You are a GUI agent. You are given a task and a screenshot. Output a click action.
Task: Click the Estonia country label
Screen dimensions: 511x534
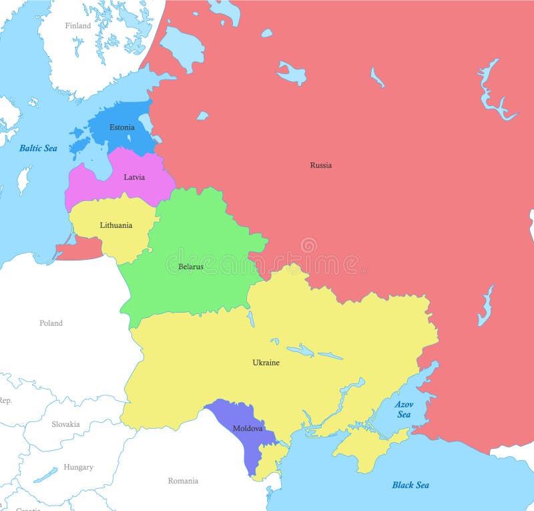pyautogui.click(x=122, y=127)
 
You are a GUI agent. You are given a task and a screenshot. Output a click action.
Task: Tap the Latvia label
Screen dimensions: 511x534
pyautogui.click(x=134, y=177)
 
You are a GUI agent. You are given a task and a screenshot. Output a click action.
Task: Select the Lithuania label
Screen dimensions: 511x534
pyautogui.click(x=115, y=225)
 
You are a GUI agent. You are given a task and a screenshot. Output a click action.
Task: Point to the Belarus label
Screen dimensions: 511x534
pyautogui.click(x=190, y=267)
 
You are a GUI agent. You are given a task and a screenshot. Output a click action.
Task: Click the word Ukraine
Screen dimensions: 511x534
pyautogui.click(x=266, y=363)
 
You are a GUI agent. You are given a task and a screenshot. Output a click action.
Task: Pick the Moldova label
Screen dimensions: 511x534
pyautogui.click(x=247, y=428)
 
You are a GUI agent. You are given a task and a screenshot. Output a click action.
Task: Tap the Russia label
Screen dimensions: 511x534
pyautogui.click(x=320, y=165)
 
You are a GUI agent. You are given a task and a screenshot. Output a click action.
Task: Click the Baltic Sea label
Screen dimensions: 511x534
pyautogui.click(x=38, y=148)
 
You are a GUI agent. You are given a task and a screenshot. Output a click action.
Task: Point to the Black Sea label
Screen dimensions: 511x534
pyautogui.click(x=411, y=485)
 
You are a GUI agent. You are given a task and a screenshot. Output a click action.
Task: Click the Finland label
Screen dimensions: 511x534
pyautogui.click(x=77, y=25)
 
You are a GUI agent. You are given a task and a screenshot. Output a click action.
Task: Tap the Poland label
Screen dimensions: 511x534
pyautogui.click(x=51, y=323)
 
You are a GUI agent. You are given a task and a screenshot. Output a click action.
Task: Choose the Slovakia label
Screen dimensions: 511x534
pyautogui.click(x=65, y=423)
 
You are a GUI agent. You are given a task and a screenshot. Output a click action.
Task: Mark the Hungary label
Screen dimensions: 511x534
pyautogui.click(x=78, y=467)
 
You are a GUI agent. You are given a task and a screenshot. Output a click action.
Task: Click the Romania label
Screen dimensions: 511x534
pyautogui.click(x=183, y=480)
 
